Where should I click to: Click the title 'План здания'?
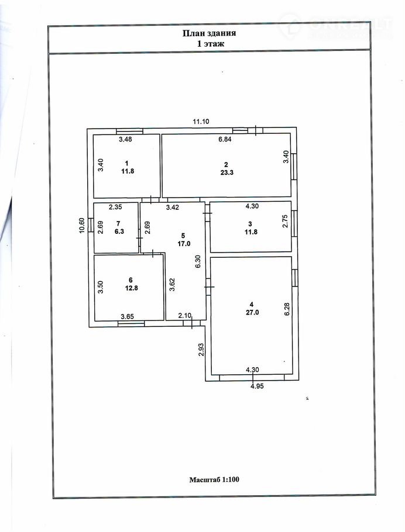point(210,33)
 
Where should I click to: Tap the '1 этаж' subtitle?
point(211,43)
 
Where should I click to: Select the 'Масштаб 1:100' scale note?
point(214,479)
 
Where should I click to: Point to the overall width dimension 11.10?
point(201,122)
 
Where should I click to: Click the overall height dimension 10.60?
point(81,225)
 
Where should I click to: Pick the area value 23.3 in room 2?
point(227,172)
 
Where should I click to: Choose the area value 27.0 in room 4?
point(252,313)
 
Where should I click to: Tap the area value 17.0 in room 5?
point(184,244)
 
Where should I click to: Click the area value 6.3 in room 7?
point(119,232)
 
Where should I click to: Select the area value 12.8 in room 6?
point(131,288)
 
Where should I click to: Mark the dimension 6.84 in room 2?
point(225,139)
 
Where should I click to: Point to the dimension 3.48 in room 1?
point(125,139)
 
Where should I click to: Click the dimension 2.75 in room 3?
point(286,220)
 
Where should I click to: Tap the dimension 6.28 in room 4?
point(287,309)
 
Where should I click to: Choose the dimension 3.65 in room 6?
point(128,316)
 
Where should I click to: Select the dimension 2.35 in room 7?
point(115,206)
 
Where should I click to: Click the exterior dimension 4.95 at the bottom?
point(257,386)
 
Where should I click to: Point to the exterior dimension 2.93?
point(201,350)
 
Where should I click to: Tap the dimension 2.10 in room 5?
point(185,316)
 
